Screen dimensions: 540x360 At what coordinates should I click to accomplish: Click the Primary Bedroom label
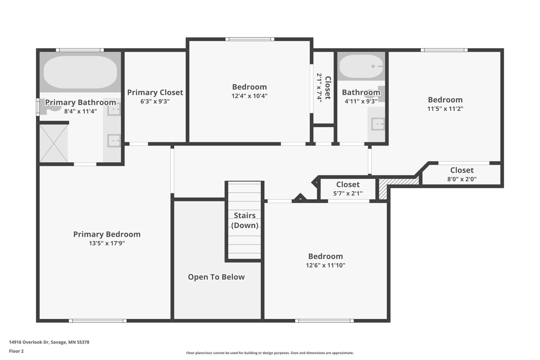coord(107,234)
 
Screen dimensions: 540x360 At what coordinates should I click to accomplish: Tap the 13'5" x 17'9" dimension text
coord(107,243)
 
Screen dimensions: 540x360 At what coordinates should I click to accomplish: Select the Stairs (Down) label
coord(245,220)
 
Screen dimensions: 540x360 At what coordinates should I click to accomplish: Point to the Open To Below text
coord(216,277)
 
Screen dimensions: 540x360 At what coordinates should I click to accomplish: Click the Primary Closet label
coord(155,92)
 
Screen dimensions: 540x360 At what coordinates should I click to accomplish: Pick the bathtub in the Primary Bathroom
coord(80,72)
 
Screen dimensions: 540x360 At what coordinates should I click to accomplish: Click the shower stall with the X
coord(54,143)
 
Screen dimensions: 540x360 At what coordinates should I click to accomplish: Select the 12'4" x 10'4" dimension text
coord(249,96)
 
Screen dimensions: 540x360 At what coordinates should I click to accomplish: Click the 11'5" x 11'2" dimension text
coord(445,109)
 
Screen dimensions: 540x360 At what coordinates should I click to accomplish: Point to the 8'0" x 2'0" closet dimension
coord(462,179)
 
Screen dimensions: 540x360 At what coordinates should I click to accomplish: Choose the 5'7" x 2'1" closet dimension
coord(348,193)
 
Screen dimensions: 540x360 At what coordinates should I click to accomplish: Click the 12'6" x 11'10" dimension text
coord(326,265)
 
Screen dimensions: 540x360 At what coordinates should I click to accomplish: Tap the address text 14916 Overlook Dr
coord(29,342)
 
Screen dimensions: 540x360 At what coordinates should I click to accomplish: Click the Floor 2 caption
coord(16,351)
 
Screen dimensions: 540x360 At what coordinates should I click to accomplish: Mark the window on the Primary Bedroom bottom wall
coord(98,321)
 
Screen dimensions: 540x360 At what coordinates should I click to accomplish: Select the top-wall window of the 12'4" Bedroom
coord(250,39)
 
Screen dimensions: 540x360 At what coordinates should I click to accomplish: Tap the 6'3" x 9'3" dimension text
coord(155,102)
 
